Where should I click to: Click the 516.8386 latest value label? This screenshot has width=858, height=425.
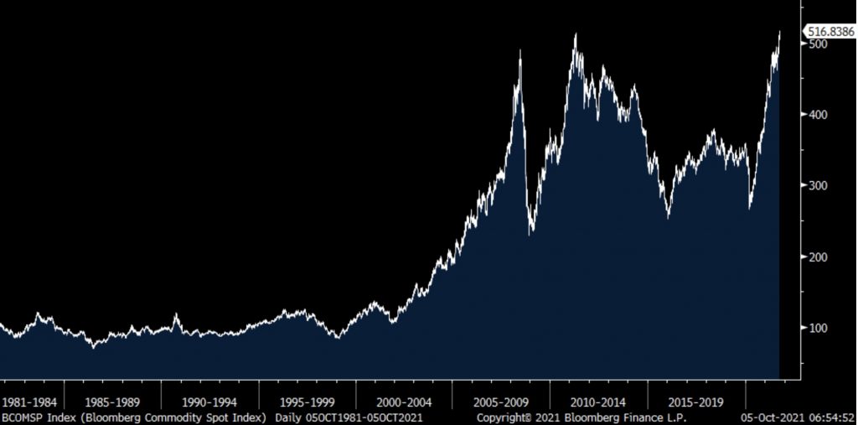830,32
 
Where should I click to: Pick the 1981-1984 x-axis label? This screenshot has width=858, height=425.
31,402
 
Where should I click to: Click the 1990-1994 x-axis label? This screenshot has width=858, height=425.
209,402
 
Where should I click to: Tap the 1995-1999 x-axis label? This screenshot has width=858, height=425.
307,402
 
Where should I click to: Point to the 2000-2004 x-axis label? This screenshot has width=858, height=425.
404,402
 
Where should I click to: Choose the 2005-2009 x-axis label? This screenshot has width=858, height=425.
501,402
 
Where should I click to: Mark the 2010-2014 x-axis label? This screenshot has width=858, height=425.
598,402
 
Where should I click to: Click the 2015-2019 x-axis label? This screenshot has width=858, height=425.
695,402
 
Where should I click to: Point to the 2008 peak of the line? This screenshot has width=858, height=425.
520,51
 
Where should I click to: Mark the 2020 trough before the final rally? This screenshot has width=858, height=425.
749,209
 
